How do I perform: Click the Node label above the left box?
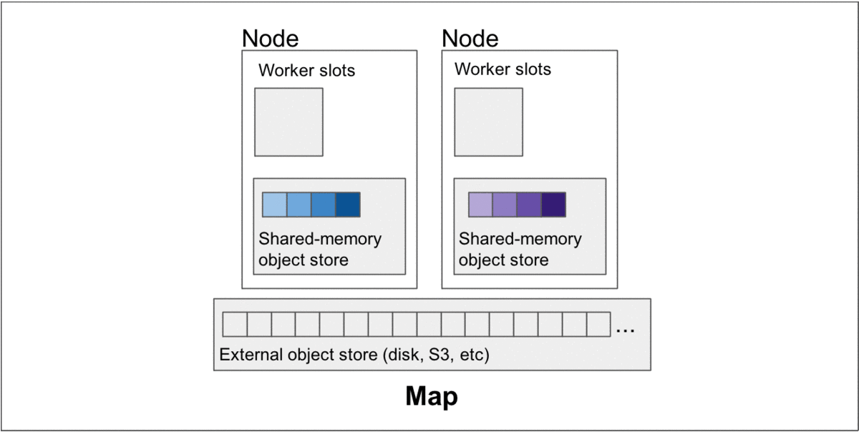coord(271,38)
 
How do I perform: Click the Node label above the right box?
coord(470,38)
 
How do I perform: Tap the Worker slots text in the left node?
coord(306,71)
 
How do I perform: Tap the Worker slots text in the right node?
coord(503,69)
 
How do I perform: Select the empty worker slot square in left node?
coord(288,122)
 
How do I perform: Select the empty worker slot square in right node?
coord(488,122)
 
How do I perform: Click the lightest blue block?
coord(274,205)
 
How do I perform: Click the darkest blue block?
coord(348,205)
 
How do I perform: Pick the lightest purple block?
coord(480,205)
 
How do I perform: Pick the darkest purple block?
coord(554,205)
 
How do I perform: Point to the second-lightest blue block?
coord(299,205)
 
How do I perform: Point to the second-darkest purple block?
coord(529,205)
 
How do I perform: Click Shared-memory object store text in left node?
coord(320,249)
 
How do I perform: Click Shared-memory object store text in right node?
coord(520,249)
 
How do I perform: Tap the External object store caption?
coord(354,355)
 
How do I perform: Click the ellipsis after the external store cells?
coord(625,330)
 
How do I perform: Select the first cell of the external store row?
coord(235,325)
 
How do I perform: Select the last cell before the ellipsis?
coord(598,325)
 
